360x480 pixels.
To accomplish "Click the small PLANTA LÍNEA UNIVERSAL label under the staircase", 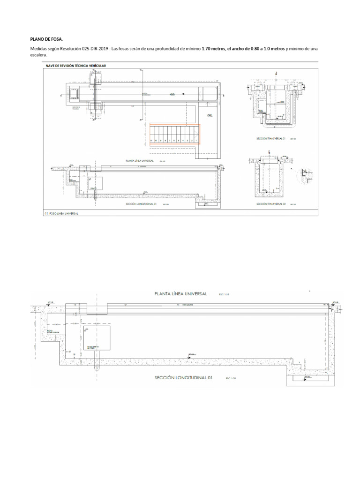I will [x=140, y=160].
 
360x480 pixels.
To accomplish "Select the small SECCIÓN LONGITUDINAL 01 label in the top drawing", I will [x=141, y=204].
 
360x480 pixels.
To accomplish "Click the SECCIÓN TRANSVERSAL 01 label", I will [x=270, y=139].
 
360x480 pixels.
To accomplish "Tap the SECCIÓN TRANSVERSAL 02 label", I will [x=270, y=204].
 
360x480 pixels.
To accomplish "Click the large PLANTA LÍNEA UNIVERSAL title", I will [x=181, y=293].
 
